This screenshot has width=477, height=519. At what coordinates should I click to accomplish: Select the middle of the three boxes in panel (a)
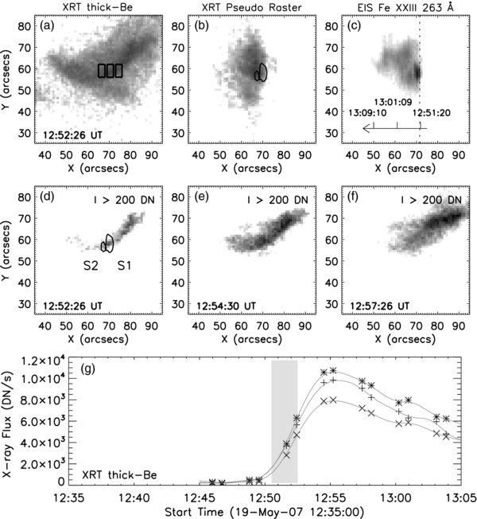111,71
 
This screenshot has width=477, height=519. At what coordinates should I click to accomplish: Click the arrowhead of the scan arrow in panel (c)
364,128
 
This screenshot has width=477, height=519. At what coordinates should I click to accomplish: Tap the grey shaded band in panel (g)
285,422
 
